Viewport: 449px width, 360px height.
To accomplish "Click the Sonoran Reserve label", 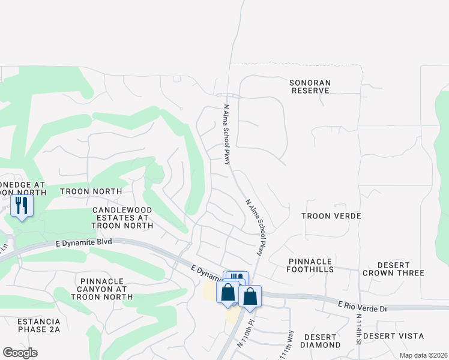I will click(310, 86).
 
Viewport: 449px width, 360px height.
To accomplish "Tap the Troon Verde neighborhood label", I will click(331, 216).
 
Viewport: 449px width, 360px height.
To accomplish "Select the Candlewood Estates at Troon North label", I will click(122, 218).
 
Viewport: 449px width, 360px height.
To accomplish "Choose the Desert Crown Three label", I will click(393, 269).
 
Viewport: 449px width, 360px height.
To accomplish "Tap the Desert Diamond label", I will click(321, 341).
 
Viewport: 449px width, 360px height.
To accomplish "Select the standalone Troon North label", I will click(91, 191).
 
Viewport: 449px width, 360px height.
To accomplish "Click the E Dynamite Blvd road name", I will click(84, 244).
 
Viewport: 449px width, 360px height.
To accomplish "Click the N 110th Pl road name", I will click(246, 338).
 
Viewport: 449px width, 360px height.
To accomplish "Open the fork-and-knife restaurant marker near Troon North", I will click(22, 206).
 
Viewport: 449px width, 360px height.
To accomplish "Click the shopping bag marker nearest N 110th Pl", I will click(250, 296).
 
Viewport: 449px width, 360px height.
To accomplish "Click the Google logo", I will click(20, 353).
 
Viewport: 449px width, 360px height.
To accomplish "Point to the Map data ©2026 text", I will click(423, 355).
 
